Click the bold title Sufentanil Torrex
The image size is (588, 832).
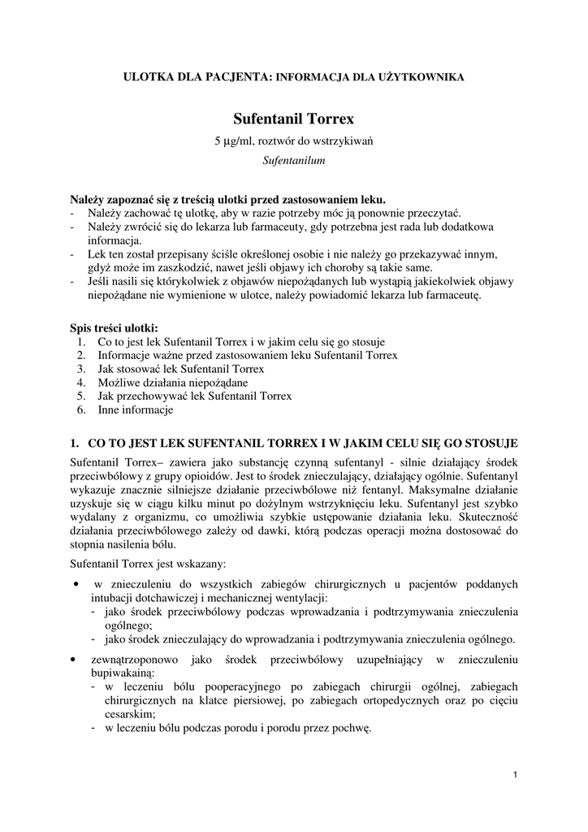(x=294, y=119)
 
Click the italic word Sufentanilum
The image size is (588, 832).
(x=294, y=161)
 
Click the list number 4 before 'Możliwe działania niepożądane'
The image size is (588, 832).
(x=81, y=382)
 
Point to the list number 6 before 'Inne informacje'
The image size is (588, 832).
(x=81, y=409)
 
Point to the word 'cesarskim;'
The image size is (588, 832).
(x=130, y=714)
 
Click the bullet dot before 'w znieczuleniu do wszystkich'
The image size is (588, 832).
(x=76, y=583)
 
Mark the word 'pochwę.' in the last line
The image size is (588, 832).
(x=352, y=728)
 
